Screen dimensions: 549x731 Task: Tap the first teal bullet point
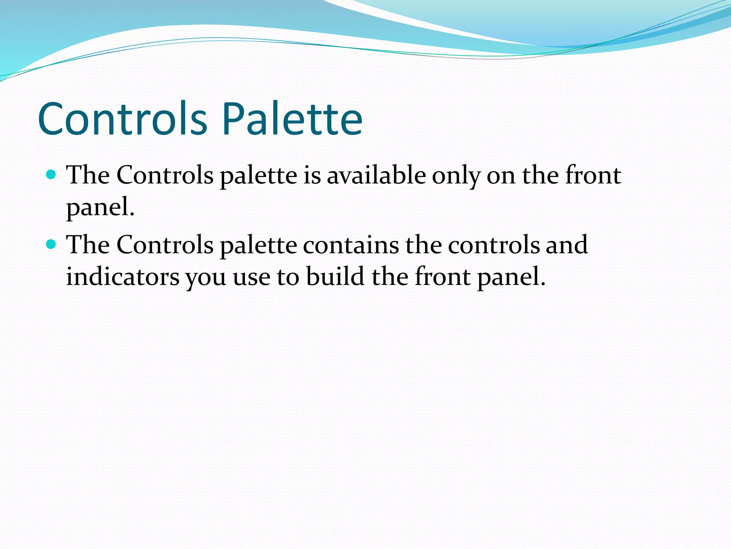(51, 175)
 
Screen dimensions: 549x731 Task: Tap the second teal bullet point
(51, 244)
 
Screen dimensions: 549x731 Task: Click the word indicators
(122, 277)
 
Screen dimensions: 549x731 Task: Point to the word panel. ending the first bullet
(100, 208)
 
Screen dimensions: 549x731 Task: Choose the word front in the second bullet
(442, 277)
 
